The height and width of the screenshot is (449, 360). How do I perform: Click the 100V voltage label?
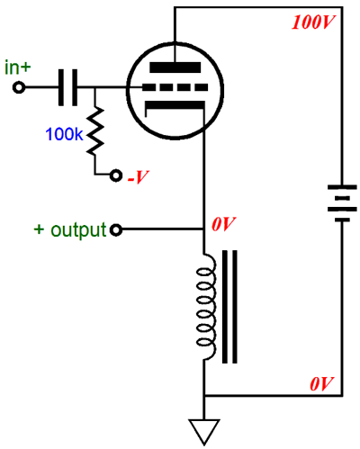pos(313,22)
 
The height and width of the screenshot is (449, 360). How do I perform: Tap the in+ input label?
pos(18,67)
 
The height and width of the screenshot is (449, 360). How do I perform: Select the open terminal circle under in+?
pos(19,87)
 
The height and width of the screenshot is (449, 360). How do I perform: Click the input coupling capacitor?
pos(67,87)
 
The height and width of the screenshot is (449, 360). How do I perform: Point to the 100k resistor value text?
pos(64,134)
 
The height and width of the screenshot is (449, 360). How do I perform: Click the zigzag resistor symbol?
pos(95,131)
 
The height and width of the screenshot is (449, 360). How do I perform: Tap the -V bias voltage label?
pos(138,177)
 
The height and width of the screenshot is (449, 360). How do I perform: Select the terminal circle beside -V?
pos(116,175)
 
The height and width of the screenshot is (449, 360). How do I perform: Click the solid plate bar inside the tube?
pos(175,67)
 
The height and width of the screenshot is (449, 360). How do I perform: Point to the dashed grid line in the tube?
pos(175,87)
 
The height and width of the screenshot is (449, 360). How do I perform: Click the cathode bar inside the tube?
pos(175,105)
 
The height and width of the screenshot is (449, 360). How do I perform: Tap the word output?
pos(78,230)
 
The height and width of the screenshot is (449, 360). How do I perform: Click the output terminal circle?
pos(116,230)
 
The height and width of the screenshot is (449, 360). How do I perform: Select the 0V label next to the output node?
pos(224,224)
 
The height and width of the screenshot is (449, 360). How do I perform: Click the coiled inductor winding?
pos(206,307)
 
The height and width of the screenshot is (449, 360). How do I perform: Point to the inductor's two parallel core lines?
pos(229,307)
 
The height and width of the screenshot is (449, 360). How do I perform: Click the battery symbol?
pos(342,203)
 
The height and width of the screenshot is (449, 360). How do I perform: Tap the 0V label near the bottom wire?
pos(321,383)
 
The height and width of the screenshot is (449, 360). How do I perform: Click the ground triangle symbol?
pos(204,431)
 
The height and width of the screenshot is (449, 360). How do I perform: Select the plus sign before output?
pos(39,229)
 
